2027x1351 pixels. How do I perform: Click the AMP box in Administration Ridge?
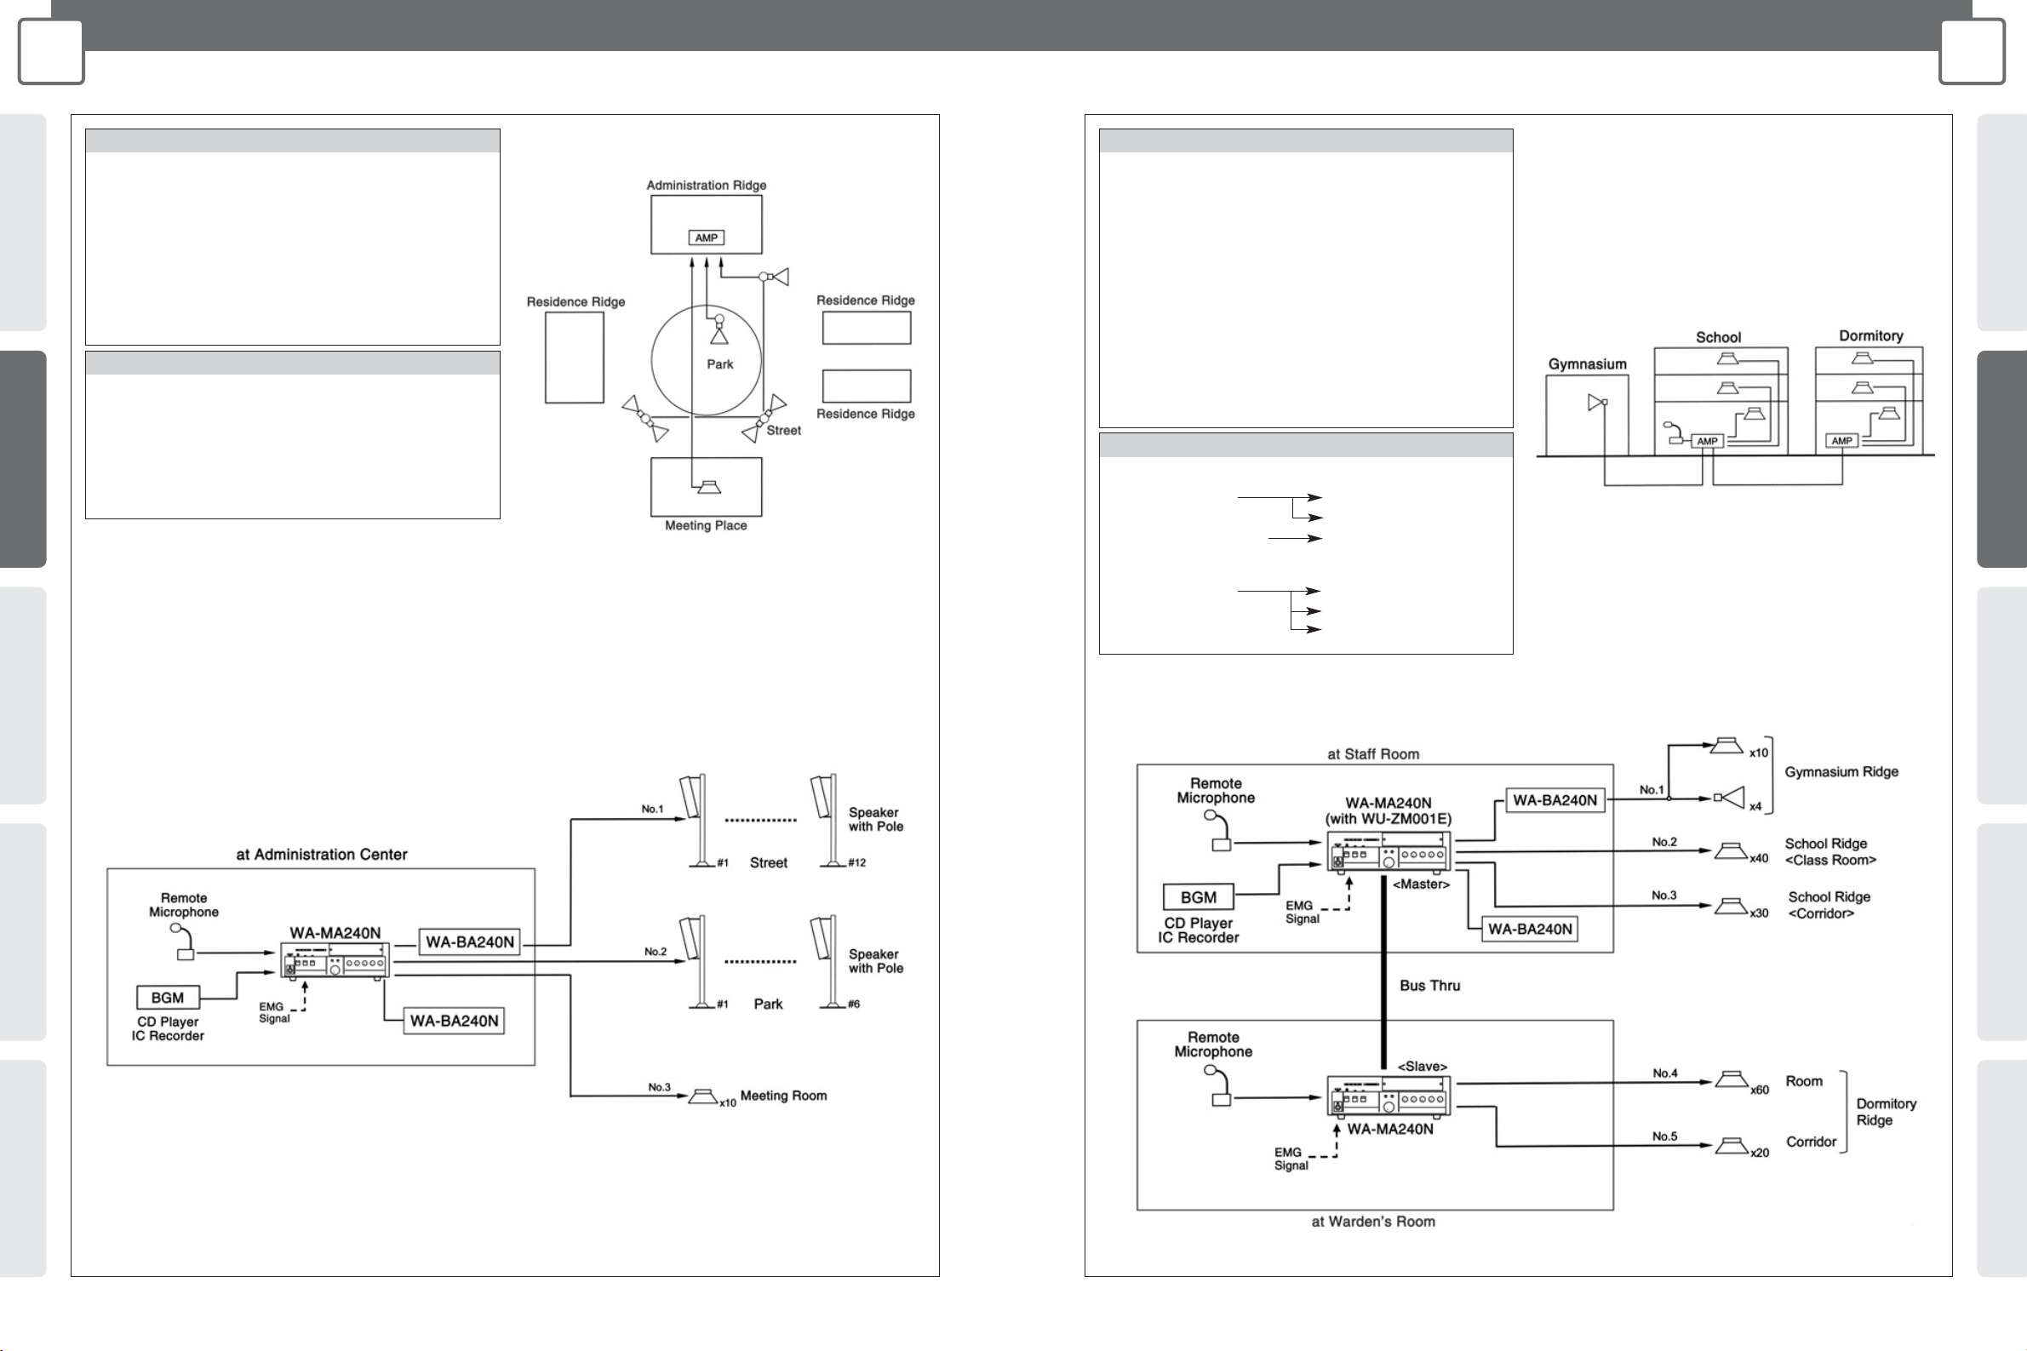click(706, 238)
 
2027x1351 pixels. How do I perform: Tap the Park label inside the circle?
click(720, 364)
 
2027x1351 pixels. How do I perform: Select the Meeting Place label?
click(706, 525)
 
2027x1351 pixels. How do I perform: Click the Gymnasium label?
click(1587, 364)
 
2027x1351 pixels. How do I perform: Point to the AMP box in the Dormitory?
click(1841, 441)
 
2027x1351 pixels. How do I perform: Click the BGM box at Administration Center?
click(167, 998)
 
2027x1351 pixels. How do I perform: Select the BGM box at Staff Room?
click(1198, 898)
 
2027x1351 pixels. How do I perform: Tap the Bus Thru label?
click(1429, 986)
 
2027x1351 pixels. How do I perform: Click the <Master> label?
click(1421, 884)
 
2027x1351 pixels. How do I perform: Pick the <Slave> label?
click(1422, 1067)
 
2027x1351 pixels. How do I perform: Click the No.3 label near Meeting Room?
click(659, 1087)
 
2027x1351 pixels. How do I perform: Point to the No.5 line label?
click(1664, 1136)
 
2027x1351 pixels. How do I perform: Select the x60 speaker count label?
click(1759, 1090)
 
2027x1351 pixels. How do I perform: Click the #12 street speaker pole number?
click(856, 862)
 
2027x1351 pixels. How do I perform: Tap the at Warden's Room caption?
click(1372, 1222)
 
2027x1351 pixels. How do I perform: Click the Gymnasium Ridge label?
click(1841, 772)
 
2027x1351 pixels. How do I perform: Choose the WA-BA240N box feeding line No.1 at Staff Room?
click(1554, 800)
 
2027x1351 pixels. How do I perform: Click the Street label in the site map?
click(783, 431)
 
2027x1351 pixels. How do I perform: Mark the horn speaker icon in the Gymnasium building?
click(1596, 403)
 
